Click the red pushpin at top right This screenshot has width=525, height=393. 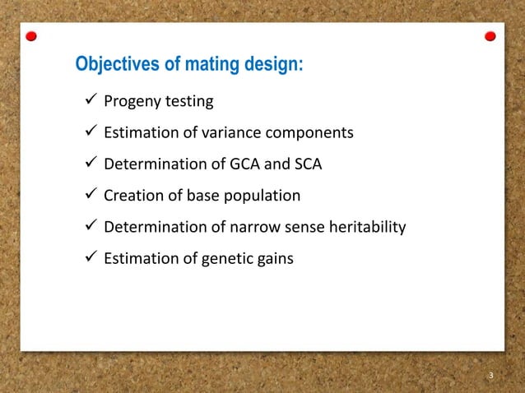[x=490, y=37]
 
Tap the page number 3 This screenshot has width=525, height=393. [x=490, y=377]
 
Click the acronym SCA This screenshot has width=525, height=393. [x=306, y=164]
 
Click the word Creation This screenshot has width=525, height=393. [x=132, y=196]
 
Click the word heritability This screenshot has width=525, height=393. [x=367, y=227]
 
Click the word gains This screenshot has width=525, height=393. [x=272, y=258]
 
